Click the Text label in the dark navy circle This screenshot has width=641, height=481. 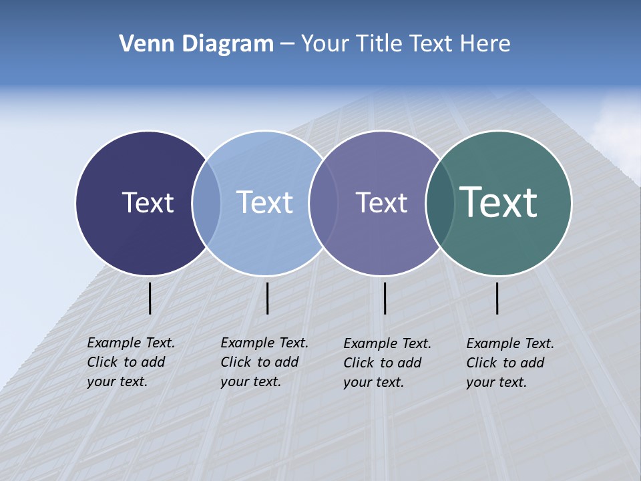pos(148,202)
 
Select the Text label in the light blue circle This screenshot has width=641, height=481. pos(264,202)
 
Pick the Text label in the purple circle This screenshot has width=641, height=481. pos(381,202)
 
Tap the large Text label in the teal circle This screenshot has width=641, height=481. pos(498,202)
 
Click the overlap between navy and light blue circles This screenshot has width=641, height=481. pos(207,203)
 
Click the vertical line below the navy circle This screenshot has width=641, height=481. pos(150,298)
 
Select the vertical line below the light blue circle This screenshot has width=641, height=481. pos(267,298)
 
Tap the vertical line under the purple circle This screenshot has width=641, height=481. pos(385,298)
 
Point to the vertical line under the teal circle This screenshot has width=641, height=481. pos(497,298)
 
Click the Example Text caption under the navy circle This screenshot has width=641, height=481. pos(131,362)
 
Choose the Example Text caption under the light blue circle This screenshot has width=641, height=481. pos(264,362)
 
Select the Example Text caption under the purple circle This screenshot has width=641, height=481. pos(387,363)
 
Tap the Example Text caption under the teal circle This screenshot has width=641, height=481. pos(510,363)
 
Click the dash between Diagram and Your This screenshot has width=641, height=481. pos(286,44)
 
